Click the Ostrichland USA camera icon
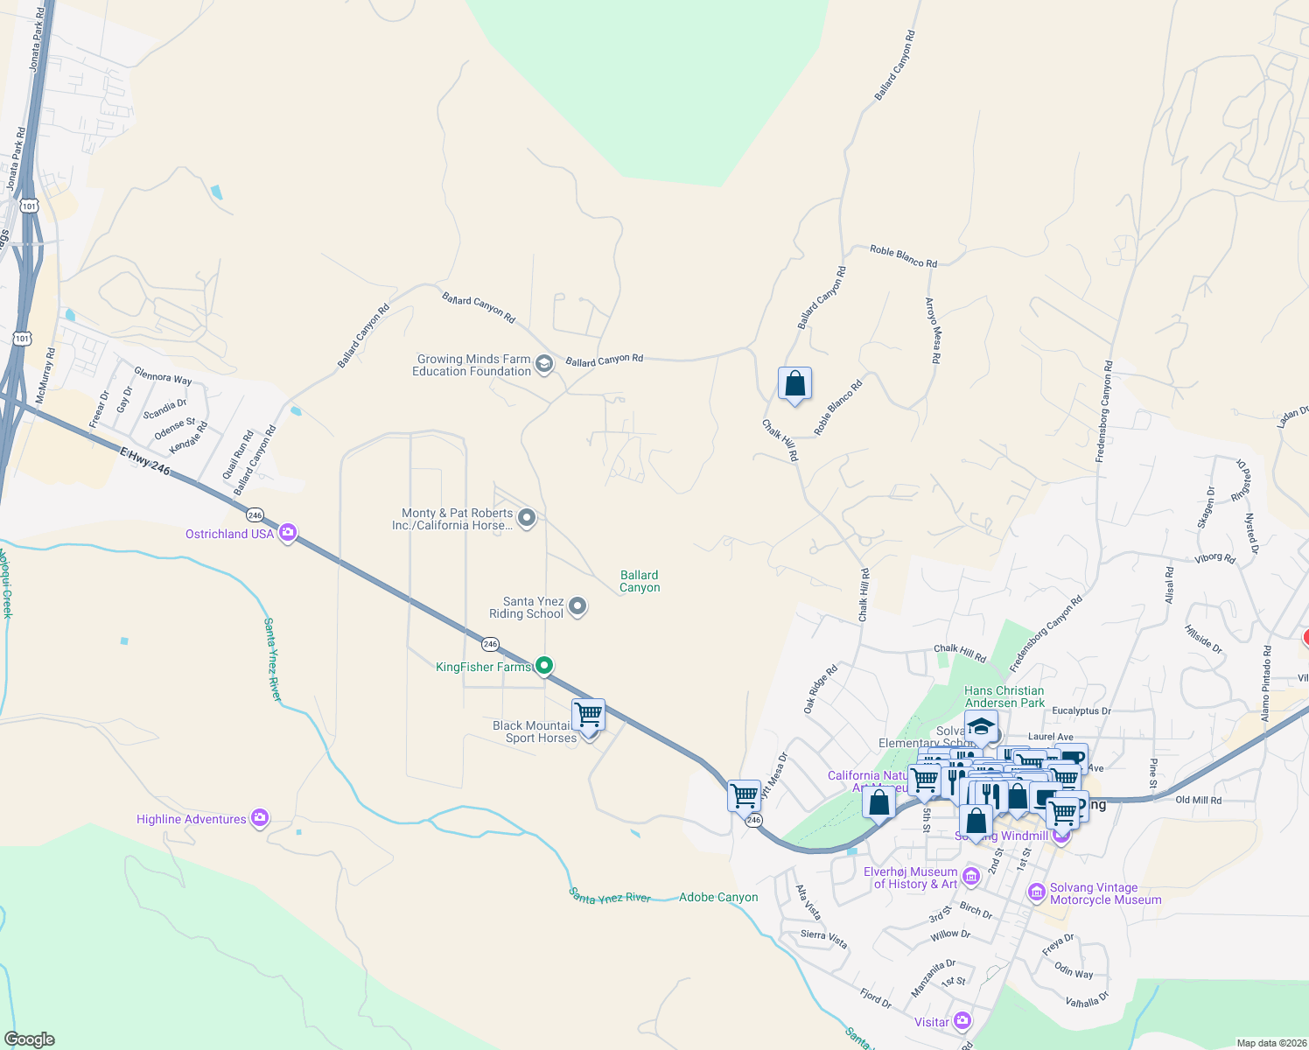(287, 533)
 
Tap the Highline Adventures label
(192, 819)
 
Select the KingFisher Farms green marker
(544, 666)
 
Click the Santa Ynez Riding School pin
(577, 605)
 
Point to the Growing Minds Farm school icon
(544, 364)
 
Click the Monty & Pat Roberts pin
(527, 518)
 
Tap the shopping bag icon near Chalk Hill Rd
(794, 383)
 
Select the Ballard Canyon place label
(640, 581)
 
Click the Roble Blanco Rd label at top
(903, 256)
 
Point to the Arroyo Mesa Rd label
(934, 331)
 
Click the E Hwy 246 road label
(145, 460)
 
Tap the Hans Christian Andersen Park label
(1004, 696)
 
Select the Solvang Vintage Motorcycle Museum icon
(1037, 892)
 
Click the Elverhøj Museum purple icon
(970, 876)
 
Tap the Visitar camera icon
(962, 1020)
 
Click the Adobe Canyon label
(718, 897)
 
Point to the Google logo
(30, 1039)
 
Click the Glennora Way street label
(163, 376)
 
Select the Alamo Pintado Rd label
(1266, 683)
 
